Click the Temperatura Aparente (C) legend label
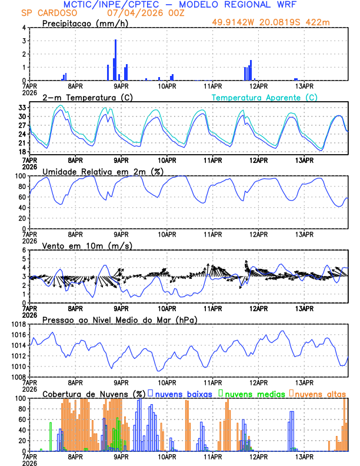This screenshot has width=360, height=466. coord(264,97)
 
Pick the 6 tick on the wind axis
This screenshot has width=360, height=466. coord(24,250)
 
